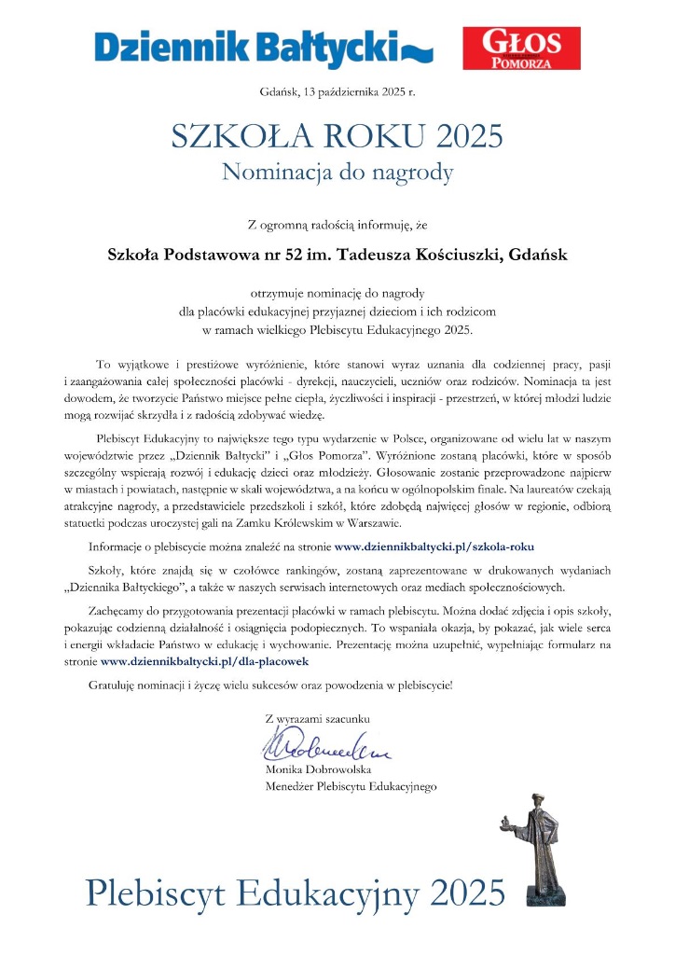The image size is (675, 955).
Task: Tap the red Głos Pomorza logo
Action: (x=521, y=48)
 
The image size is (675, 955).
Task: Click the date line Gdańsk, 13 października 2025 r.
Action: (x=337, y=91)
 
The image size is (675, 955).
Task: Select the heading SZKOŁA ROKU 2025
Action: (x=337, y=136)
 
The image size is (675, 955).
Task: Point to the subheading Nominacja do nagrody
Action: (x=337, y=172)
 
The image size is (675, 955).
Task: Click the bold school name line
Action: (x=337, y=253)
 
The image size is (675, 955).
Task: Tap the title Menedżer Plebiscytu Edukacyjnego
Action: (x=351, y=787)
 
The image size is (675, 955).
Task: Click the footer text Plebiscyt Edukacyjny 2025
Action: (x=296, y=892)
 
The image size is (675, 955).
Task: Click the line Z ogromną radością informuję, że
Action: (x=337, y=224)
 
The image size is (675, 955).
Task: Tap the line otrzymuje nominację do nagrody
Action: (x=337, y=295)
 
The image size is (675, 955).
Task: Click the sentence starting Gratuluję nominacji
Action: (x=270, y=685)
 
